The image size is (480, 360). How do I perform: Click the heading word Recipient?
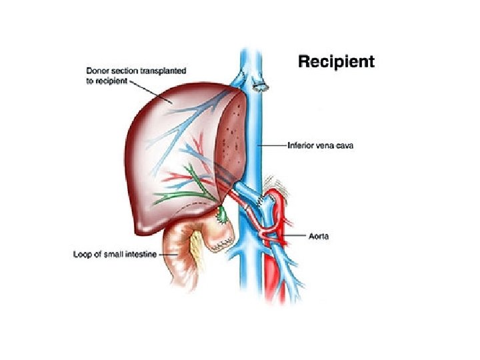coord(335,62)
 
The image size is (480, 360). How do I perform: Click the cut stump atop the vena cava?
coord(261,85)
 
